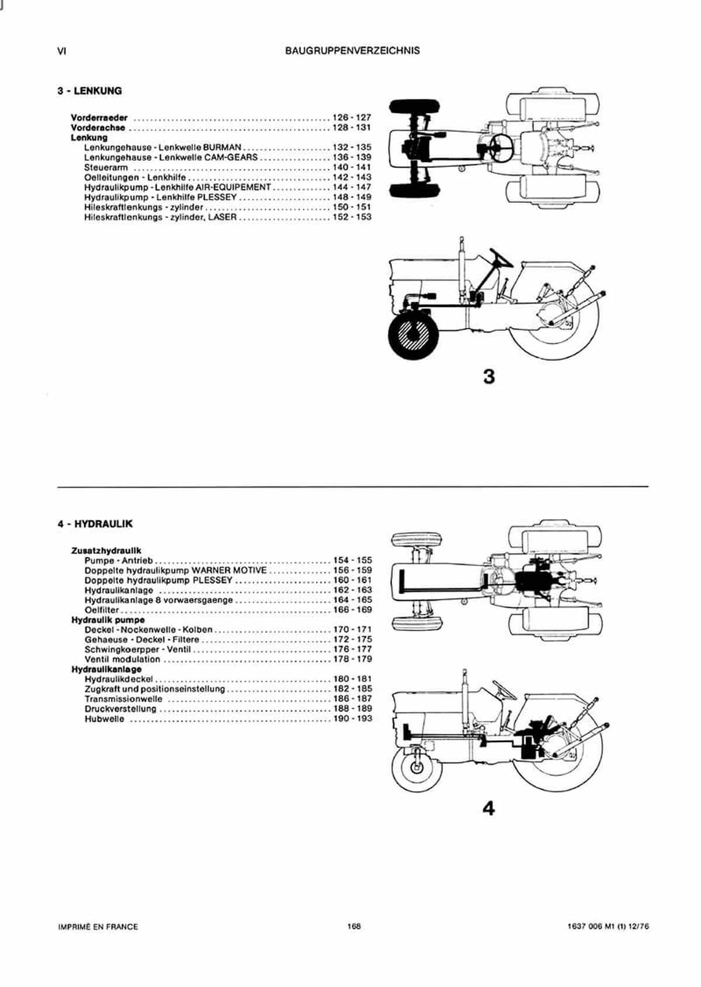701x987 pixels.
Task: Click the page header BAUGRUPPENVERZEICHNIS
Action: (x=352, y=51)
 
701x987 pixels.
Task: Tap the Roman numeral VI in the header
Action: (x=62, y=51)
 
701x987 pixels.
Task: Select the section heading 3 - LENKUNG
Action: (x=89, y=91)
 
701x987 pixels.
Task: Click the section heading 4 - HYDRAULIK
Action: (x=95, y=524)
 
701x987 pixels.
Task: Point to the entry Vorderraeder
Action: (x=99, y=118)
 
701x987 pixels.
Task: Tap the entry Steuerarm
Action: (x=106, y=167)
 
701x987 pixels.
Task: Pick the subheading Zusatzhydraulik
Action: (x=106, y=550)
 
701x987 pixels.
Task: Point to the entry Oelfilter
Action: (x=102, y=610)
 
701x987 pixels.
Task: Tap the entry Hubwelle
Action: (x=105, y=719)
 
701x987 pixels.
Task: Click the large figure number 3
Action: (x=489, y=377)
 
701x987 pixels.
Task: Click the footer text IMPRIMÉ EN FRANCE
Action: (x=98, y=927)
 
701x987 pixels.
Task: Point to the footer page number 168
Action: (x=354, y=926)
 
